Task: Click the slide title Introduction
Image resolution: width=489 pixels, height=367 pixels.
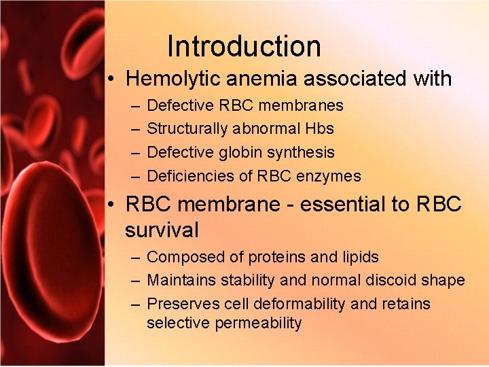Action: (x=244, y=46)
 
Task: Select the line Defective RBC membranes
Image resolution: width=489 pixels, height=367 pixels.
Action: (x=244, y=106)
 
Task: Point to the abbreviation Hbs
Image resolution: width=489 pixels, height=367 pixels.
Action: (x=319, y=129)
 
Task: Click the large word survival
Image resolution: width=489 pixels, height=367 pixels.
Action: (x=162, y=230)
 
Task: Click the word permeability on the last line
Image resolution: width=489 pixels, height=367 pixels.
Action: (x=258, y=323)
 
